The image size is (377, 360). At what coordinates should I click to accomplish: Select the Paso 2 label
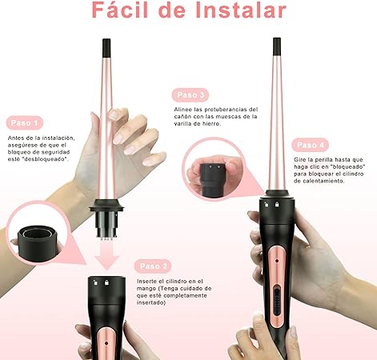pyautogui.click(x=154, y=266)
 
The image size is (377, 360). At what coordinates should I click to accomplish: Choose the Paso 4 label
pyautogui.click(x=312, y=145)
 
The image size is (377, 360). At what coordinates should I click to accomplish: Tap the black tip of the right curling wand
pyautogui.click(x=276, y=47)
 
